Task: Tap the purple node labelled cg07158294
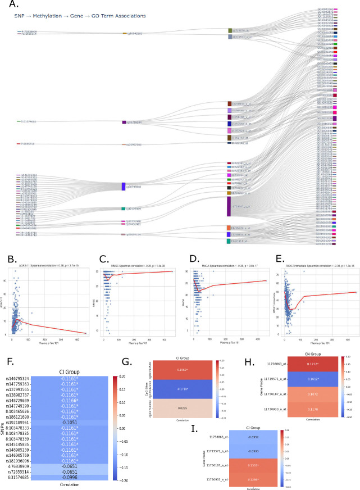[x=124, y=122]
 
